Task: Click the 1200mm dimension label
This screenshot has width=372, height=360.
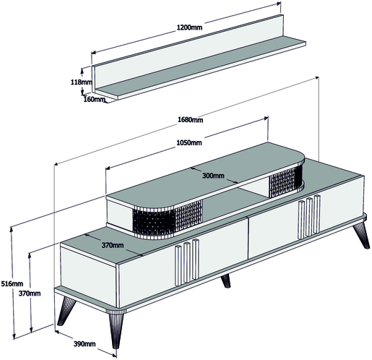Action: pos(189,27)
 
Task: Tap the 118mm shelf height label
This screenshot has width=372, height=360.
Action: pos(81,82)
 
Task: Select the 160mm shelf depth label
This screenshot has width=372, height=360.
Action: pos(95,99)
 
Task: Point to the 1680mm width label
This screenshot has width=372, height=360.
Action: pos(190,119)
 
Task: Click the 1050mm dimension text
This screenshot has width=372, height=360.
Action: pos(189,142)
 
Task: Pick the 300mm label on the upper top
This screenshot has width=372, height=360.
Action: pos(213,176)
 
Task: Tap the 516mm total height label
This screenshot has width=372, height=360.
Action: pos(12,283)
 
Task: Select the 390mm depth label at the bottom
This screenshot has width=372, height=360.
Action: pos(85,343)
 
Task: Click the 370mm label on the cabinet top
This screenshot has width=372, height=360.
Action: pos(113,245)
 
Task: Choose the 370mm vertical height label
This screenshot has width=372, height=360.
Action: pos(30,293)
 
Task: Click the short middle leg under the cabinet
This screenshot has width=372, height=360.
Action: pos(225,281)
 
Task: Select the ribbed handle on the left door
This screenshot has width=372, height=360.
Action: pos(187,262)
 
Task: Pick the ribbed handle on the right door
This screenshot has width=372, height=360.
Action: pos(309,217)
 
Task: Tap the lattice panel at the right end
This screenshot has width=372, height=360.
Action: pos(286,181)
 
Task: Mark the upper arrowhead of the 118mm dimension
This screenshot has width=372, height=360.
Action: pos(82,70)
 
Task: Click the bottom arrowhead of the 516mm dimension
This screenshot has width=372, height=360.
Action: pos(14,336)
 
